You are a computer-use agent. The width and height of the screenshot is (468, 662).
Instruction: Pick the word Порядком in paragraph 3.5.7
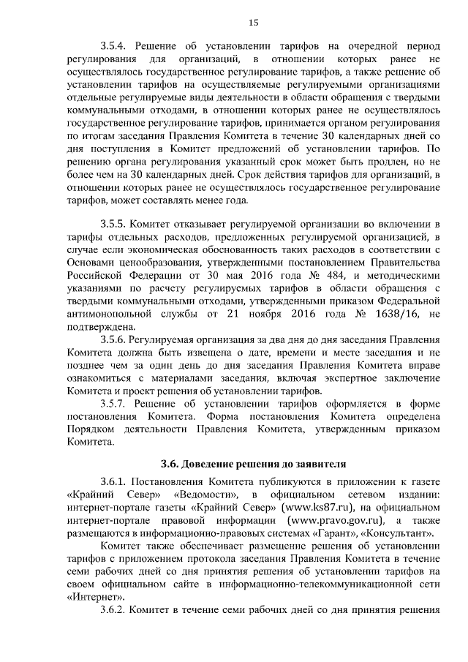[91, 429]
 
